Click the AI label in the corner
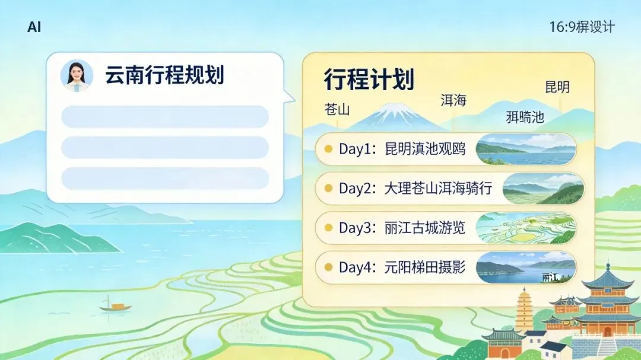34,27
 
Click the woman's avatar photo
77,75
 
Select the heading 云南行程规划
164,75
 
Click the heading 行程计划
369,79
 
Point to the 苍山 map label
337,110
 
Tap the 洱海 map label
453,100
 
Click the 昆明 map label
557,87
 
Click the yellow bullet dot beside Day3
328,228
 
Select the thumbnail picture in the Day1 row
525,149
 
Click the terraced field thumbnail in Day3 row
525,228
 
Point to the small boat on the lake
115,305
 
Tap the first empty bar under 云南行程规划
165,117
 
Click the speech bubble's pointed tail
289,97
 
